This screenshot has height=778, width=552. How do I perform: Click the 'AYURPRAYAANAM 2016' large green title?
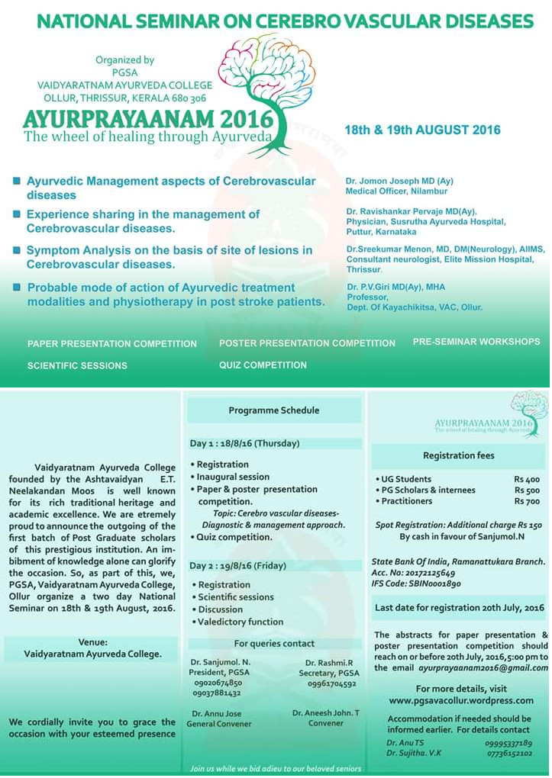click(x=148, y=120)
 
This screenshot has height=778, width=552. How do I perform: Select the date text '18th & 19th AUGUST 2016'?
click(x=422, y=130)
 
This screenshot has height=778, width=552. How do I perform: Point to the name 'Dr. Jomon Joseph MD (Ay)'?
click(x=399, y=181)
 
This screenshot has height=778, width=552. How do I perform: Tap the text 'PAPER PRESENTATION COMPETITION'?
click(x=112, y=344)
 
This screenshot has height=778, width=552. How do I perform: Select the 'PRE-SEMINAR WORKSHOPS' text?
click(x=476, y=342)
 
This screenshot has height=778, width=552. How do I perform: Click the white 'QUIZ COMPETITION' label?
click(x=263, y=365)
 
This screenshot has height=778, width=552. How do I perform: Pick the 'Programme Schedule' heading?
click(x=274, y=410)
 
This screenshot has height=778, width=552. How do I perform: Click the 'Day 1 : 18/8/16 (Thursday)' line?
click(x=245, y=443)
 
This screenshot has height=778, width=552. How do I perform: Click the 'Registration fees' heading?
click(x=459, y=455)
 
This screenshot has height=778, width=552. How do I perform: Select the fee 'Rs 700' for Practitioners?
click(x=527, y=501)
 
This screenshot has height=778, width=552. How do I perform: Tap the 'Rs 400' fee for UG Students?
click(x=527, y=479)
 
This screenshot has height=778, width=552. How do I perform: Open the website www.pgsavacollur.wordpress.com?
click(x=461, y=700)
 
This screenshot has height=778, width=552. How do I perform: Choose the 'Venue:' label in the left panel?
click(x=92, y=642)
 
